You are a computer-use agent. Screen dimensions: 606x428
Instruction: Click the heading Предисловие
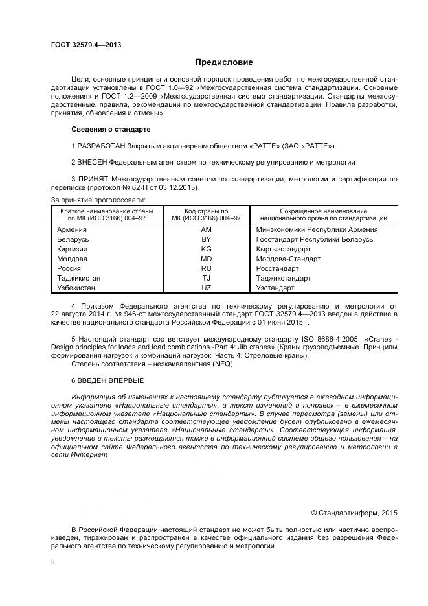(x=224, y=62)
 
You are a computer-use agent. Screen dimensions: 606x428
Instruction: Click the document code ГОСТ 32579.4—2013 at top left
(x=86, y=45)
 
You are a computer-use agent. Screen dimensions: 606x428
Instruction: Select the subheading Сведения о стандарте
(x=111, y=129)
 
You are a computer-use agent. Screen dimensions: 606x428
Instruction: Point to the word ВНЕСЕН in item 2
(x=93, y=161)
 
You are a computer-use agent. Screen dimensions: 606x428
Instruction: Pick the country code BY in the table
(x=206, y=239)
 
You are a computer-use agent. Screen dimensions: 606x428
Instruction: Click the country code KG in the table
(x=206, y=249)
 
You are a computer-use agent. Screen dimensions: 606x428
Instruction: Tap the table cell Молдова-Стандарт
(x=288, y=259)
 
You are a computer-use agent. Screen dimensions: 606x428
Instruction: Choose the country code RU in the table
(x=206, y=268)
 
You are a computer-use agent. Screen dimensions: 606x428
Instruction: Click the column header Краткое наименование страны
(x=107, y=211)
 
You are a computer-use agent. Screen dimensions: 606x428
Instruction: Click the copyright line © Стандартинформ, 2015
(x=354, y=513)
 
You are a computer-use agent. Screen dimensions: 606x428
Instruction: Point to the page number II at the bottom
(x=53, y=562)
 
